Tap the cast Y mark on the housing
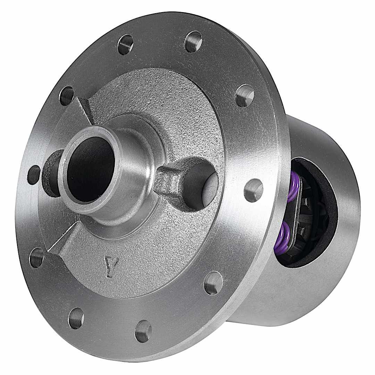pyautogui.click(x=111, y=267)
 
